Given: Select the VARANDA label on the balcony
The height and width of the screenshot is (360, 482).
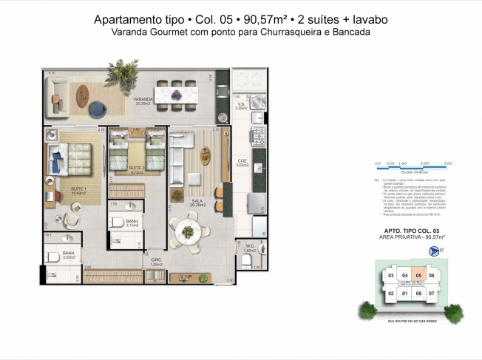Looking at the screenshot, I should coord(143,98).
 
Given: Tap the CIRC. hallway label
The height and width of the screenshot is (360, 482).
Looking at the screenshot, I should coord(156,261).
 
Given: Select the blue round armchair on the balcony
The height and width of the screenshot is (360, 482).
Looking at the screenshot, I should coord(98,109).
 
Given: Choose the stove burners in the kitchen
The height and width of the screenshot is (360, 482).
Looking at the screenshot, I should coord(259,136).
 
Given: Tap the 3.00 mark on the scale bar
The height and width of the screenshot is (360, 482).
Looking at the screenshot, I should coord(447,163).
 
